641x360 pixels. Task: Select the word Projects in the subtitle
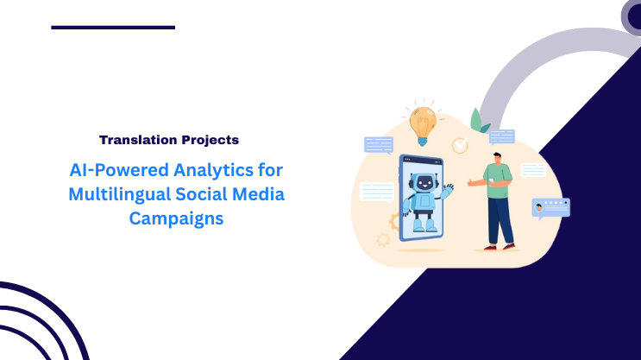tap(209, 139)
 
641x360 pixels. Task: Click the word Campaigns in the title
tap(176, 218)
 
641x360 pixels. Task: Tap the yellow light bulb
tap(422, 122)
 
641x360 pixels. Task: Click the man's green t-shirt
tap(499, 184)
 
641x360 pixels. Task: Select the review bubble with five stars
tap(550, 207)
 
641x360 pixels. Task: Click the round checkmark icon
tap(460, 145)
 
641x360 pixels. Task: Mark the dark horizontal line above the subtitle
tap(113, 28)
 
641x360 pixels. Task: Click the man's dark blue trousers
tap(500, 221)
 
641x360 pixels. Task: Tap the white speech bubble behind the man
tap(533, 169)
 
